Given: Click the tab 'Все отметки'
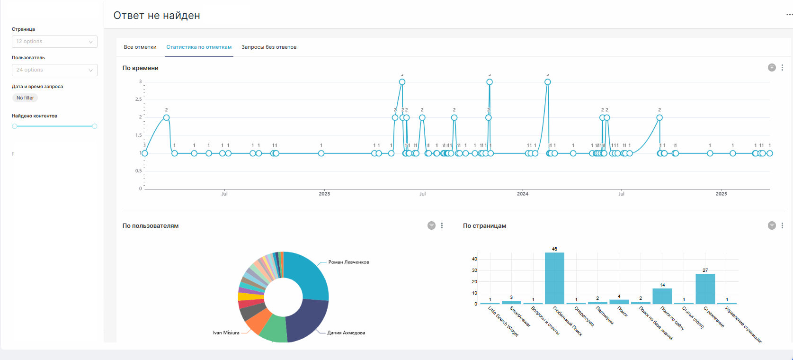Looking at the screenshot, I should tap(140, 47).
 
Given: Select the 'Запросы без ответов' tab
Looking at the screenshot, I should tap(269, 47).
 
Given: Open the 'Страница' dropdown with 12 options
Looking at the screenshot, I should tap(54, 42).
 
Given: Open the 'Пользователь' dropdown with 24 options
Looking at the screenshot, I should tap(54, 70).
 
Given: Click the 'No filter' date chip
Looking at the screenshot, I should tap(25, 98).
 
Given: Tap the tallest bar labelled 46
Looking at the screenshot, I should tap(554, 278).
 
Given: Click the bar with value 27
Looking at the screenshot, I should tap(705, 288).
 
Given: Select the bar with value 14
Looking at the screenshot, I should tap(662, 296).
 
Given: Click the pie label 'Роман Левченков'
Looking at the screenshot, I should tap(348, 262).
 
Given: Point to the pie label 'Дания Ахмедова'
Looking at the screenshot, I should tap(346, 333).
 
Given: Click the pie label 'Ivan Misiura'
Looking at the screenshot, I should tap(226, 333).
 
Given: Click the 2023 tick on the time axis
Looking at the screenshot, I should tap(324, 194).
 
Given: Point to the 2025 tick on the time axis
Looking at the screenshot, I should tap(721, 194).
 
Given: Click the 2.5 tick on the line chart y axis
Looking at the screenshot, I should tap(138, 99).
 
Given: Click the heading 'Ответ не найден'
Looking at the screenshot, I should tap(157, 16).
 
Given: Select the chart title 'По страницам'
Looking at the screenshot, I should tap(484, 226).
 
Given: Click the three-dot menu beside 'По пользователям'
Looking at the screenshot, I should tap(442, 225).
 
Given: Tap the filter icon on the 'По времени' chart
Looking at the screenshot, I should tap(772, 68).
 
